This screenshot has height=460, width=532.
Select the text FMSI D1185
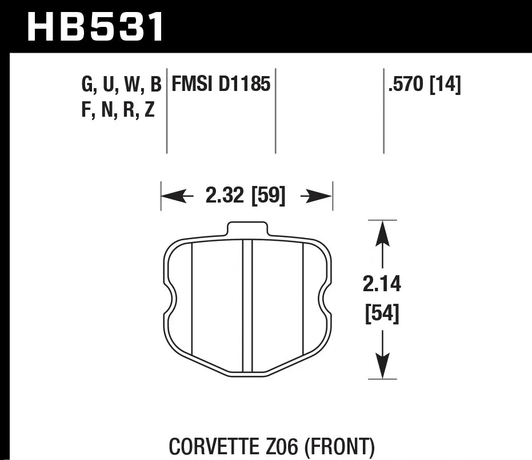(x=221, y=86)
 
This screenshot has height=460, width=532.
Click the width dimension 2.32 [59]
(x=245, y=197)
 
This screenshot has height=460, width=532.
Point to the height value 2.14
(x=382, y=284)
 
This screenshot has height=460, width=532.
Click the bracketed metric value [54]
(x=382, y=314)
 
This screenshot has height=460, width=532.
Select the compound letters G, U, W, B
(x=121, y=86)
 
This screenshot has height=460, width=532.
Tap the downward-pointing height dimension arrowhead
(x=382, y=364)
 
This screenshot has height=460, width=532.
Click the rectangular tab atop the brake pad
(x=247, y=229)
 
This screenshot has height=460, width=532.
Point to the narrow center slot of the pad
(x=247, y=306)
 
